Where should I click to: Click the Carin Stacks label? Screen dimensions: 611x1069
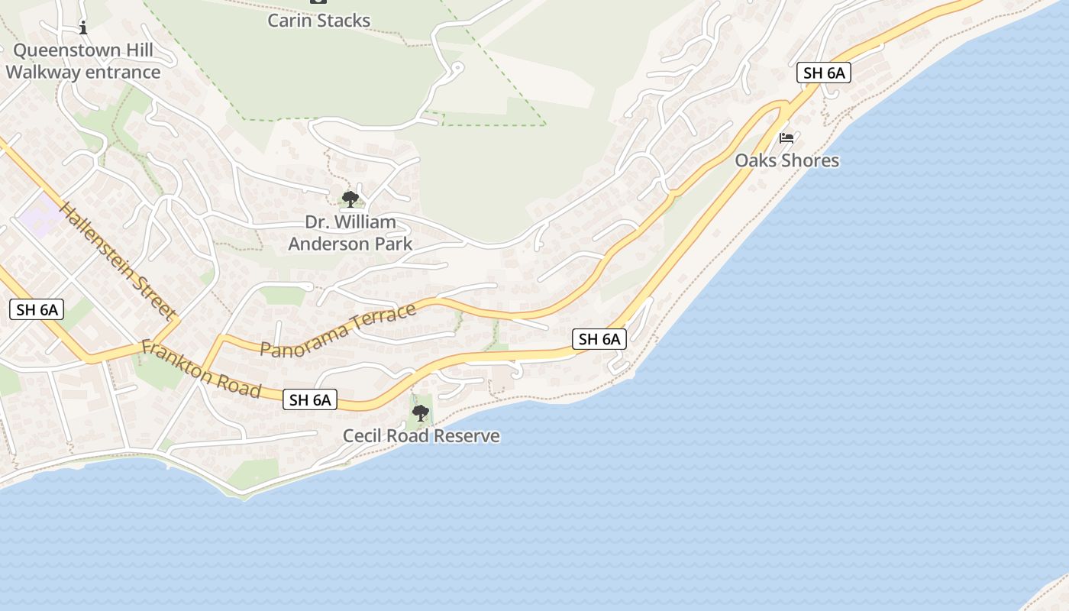click(318, 21)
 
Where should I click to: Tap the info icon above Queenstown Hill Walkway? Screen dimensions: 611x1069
click(83, 28)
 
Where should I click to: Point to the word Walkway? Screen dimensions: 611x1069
click(43, 73)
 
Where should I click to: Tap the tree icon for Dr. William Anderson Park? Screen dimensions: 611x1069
click(350, 199)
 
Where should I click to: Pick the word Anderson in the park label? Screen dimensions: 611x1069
click(329, 244)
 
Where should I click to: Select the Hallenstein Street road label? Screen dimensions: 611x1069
click(117, 260)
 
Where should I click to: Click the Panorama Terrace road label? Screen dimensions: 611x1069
click(338, 330)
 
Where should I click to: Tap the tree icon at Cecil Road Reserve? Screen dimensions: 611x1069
click(420, 413)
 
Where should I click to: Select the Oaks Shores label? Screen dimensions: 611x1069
click(786, 160)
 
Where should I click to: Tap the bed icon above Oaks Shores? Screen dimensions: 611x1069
click(786, 138)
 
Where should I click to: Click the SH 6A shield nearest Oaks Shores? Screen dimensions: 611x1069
click(823, 73)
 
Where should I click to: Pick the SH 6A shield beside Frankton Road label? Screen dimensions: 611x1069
click(310, 399)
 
